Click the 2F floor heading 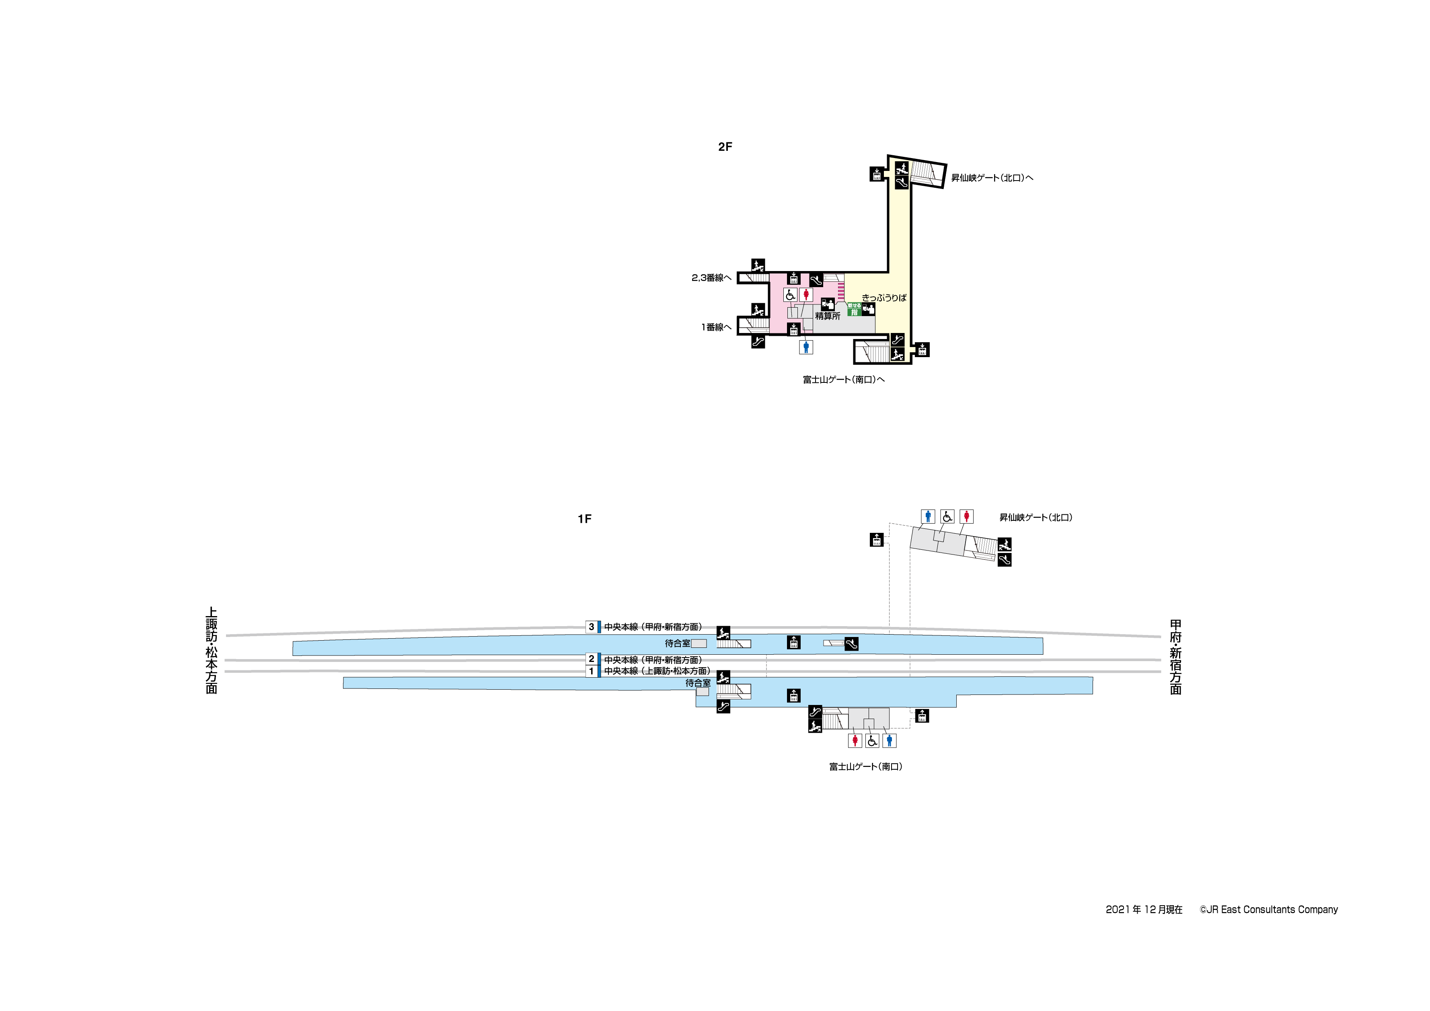[x=725, y=147]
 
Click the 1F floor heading [x=584, y=519]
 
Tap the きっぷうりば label [x=884, y=298]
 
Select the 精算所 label [x=828, y=316]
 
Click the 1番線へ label [x=716, y=327]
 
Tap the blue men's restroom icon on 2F [x=806, y=347]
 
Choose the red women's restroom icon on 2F [x=806, y=295]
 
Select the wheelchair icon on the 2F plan [x=790, y=295]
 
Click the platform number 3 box [x=592, y=627]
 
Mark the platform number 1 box [x=592, y=671]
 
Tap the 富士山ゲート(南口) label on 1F [x=865, y=767]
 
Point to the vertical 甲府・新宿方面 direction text [x=1175, y=657]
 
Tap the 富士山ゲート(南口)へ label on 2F [x=843, y=379]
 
